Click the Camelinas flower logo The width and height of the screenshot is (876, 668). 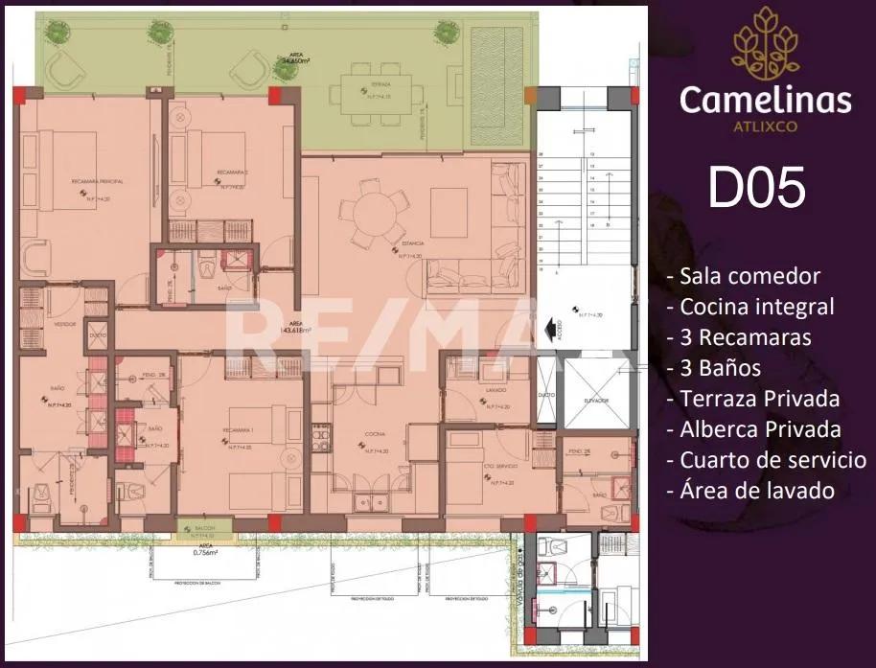click(x=765, y=43)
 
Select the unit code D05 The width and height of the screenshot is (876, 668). click(x=756, y=187)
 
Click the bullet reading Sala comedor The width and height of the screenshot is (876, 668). click(x=744, y=276)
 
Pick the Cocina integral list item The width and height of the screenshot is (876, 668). click(x=750, y=307)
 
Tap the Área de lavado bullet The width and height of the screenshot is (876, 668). click(x=749, y=490)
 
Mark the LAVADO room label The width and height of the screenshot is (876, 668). click(x=495, y=390)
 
